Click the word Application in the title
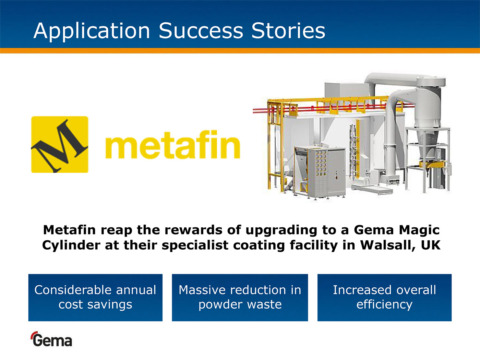[92, 31]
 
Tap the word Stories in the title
[288, 31]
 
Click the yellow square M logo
[60, 144]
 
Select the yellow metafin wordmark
[173, 144]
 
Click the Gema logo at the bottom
[52, 339]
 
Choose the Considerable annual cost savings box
[95, 298]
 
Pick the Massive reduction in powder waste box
[240, 298]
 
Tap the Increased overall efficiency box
[384, 298]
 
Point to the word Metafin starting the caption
[70, 230]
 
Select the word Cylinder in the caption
[71, 245]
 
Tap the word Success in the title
[201, 31]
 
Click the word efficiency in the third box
[384, 305]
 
